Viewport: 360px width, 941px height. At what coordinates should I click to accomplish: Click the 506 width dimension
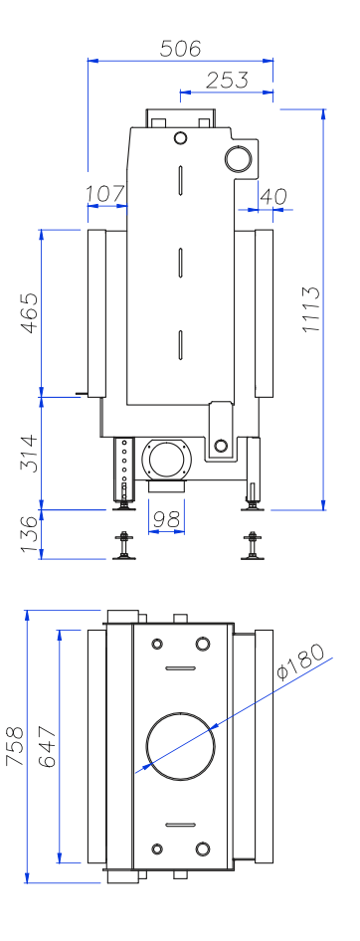click(x=180, y=48)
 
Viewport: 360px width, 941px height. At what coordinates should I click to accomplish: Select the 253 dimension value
click(x=227, y=80)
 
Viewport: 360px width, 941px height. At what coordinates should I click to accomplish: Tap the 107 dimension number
click(x=105, y=194)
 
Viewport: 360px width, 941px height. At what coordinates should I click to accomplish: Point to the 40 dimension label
click(x=273, y=196)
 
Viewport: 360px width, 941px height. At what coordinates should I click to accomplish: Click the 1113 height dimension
click(x=311, y=309)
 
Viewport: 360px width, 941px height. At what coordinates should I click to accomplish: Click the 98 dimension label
click(x=166, y=519)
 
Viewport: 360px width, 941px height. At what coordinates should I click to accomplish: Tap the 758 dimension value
click(x=14, y=746)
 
